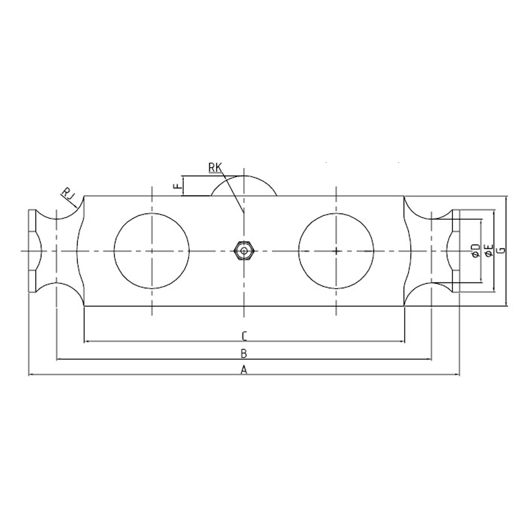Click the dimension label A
pos(243,370)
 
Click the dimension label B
pos(243,354)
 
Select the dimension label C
pos(244,335)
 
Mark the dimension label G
pos(501,251)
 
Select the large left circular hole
pos(151,251)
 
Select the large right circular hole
pos(336,251)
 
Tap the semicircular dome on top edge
pos(244,186)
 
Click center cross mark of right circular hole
pos(336,251)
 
